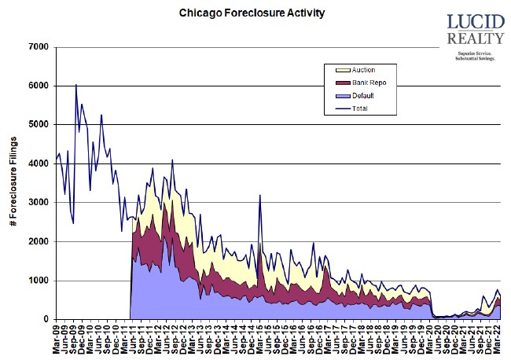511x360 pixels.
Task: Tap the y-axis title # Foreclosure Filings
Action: pyautogui.click(x=13, y=183)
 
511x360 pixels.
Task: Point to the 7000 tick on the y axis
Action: pyautogui.click(x=39, y=47)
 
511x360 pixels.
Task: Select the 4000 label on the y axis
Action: pyautogui.click(x=39, y=163)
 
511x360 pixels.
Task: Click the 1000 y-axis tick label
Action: pyautogui.click(x=39, y=281)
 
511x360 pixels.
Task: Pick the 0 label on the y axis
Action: pyautogui.click(x=46, y=319)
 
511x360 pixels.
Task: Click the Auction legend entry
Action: pyautogui.click(x=364, y=70)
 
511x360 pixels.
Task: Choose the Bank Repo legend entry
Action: pyautogui.click(x=368, y=83)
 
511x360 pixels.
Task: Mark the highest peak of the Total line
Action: pyautogui.click(x=76, y=85)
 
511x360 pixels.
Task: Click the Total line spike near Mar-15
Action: pyautogui.click(x=259, y=196)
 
